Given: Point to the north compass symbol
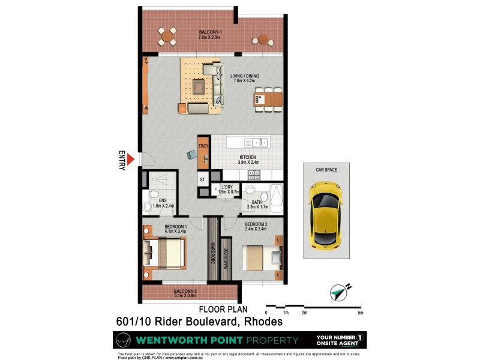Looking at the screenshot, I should tap(340, 293).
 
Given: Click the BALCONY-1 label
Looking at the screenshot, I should tap(210, 32).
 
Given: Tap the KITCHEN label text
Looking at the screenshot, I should tap(247, 157).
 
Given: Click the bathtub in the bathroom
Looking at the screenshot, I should tap(277, 197).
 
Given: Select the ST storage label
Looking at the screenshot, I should tap(202, 179).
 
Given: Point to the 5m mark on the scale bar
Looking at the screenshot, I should tap(360, 313).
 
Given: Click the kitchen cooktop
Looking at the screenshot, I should tap(254, 175).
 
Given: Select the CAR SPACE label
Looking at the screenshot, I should tap(326, 170).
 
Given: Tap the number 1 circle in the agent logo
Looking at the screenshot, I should tap(361, 337).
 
